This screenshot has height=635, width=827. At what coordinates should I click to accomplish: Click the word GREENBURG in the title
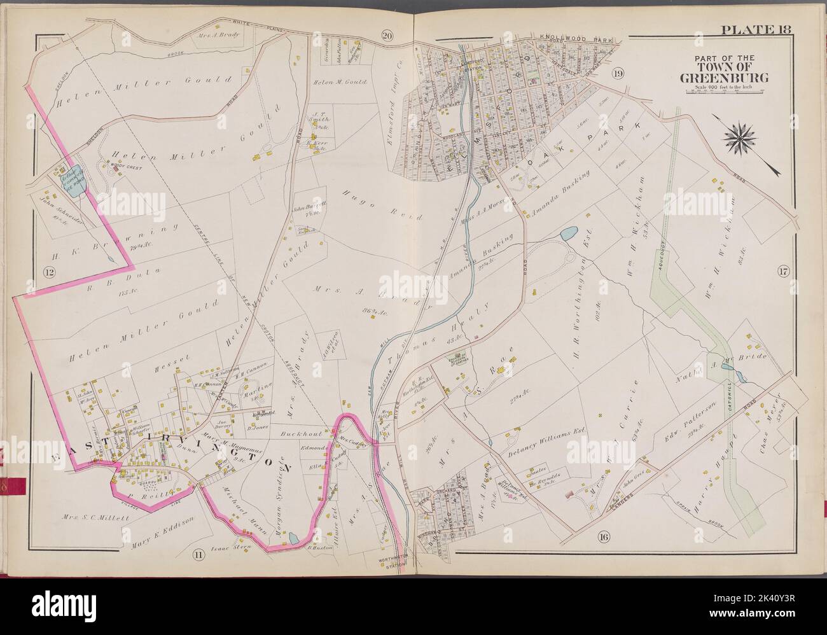point(723,79)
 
